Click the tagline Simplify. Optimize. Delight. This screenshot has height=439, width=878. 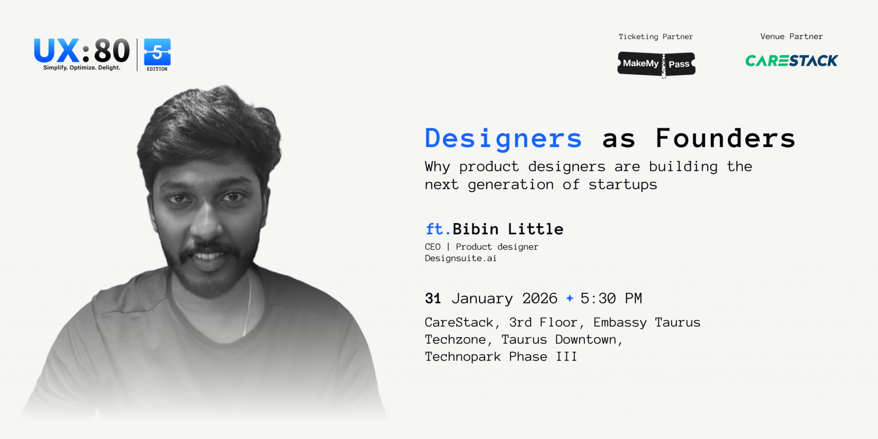pyautogui.click(x=82, y=67)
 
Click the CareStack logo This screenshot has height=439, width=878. pyautogui.click(x=791, y=61)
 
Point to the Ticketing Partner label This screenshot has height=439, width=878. pyautogui.click(x=656, y=37)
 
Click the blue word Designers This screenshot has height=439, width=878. pyautogui.click(x=503, y=138)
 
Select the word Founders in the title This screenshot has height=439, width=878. pyautogui.click(x=725, y=138)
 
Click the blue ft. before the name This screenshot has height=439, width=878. pyautogui.click(x=438, y=229)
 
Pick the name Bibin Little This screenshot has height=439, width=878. pyautogui.click(x=508, y=229)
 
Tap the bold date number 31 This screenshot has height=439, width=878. pyautogui.click(x=433, y=299)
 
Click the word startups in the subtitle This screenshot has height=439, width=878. pyautogui.click(x=623, y=185)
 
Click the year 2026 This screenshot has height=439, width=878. pyautogui.click(x=540, y=299)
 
